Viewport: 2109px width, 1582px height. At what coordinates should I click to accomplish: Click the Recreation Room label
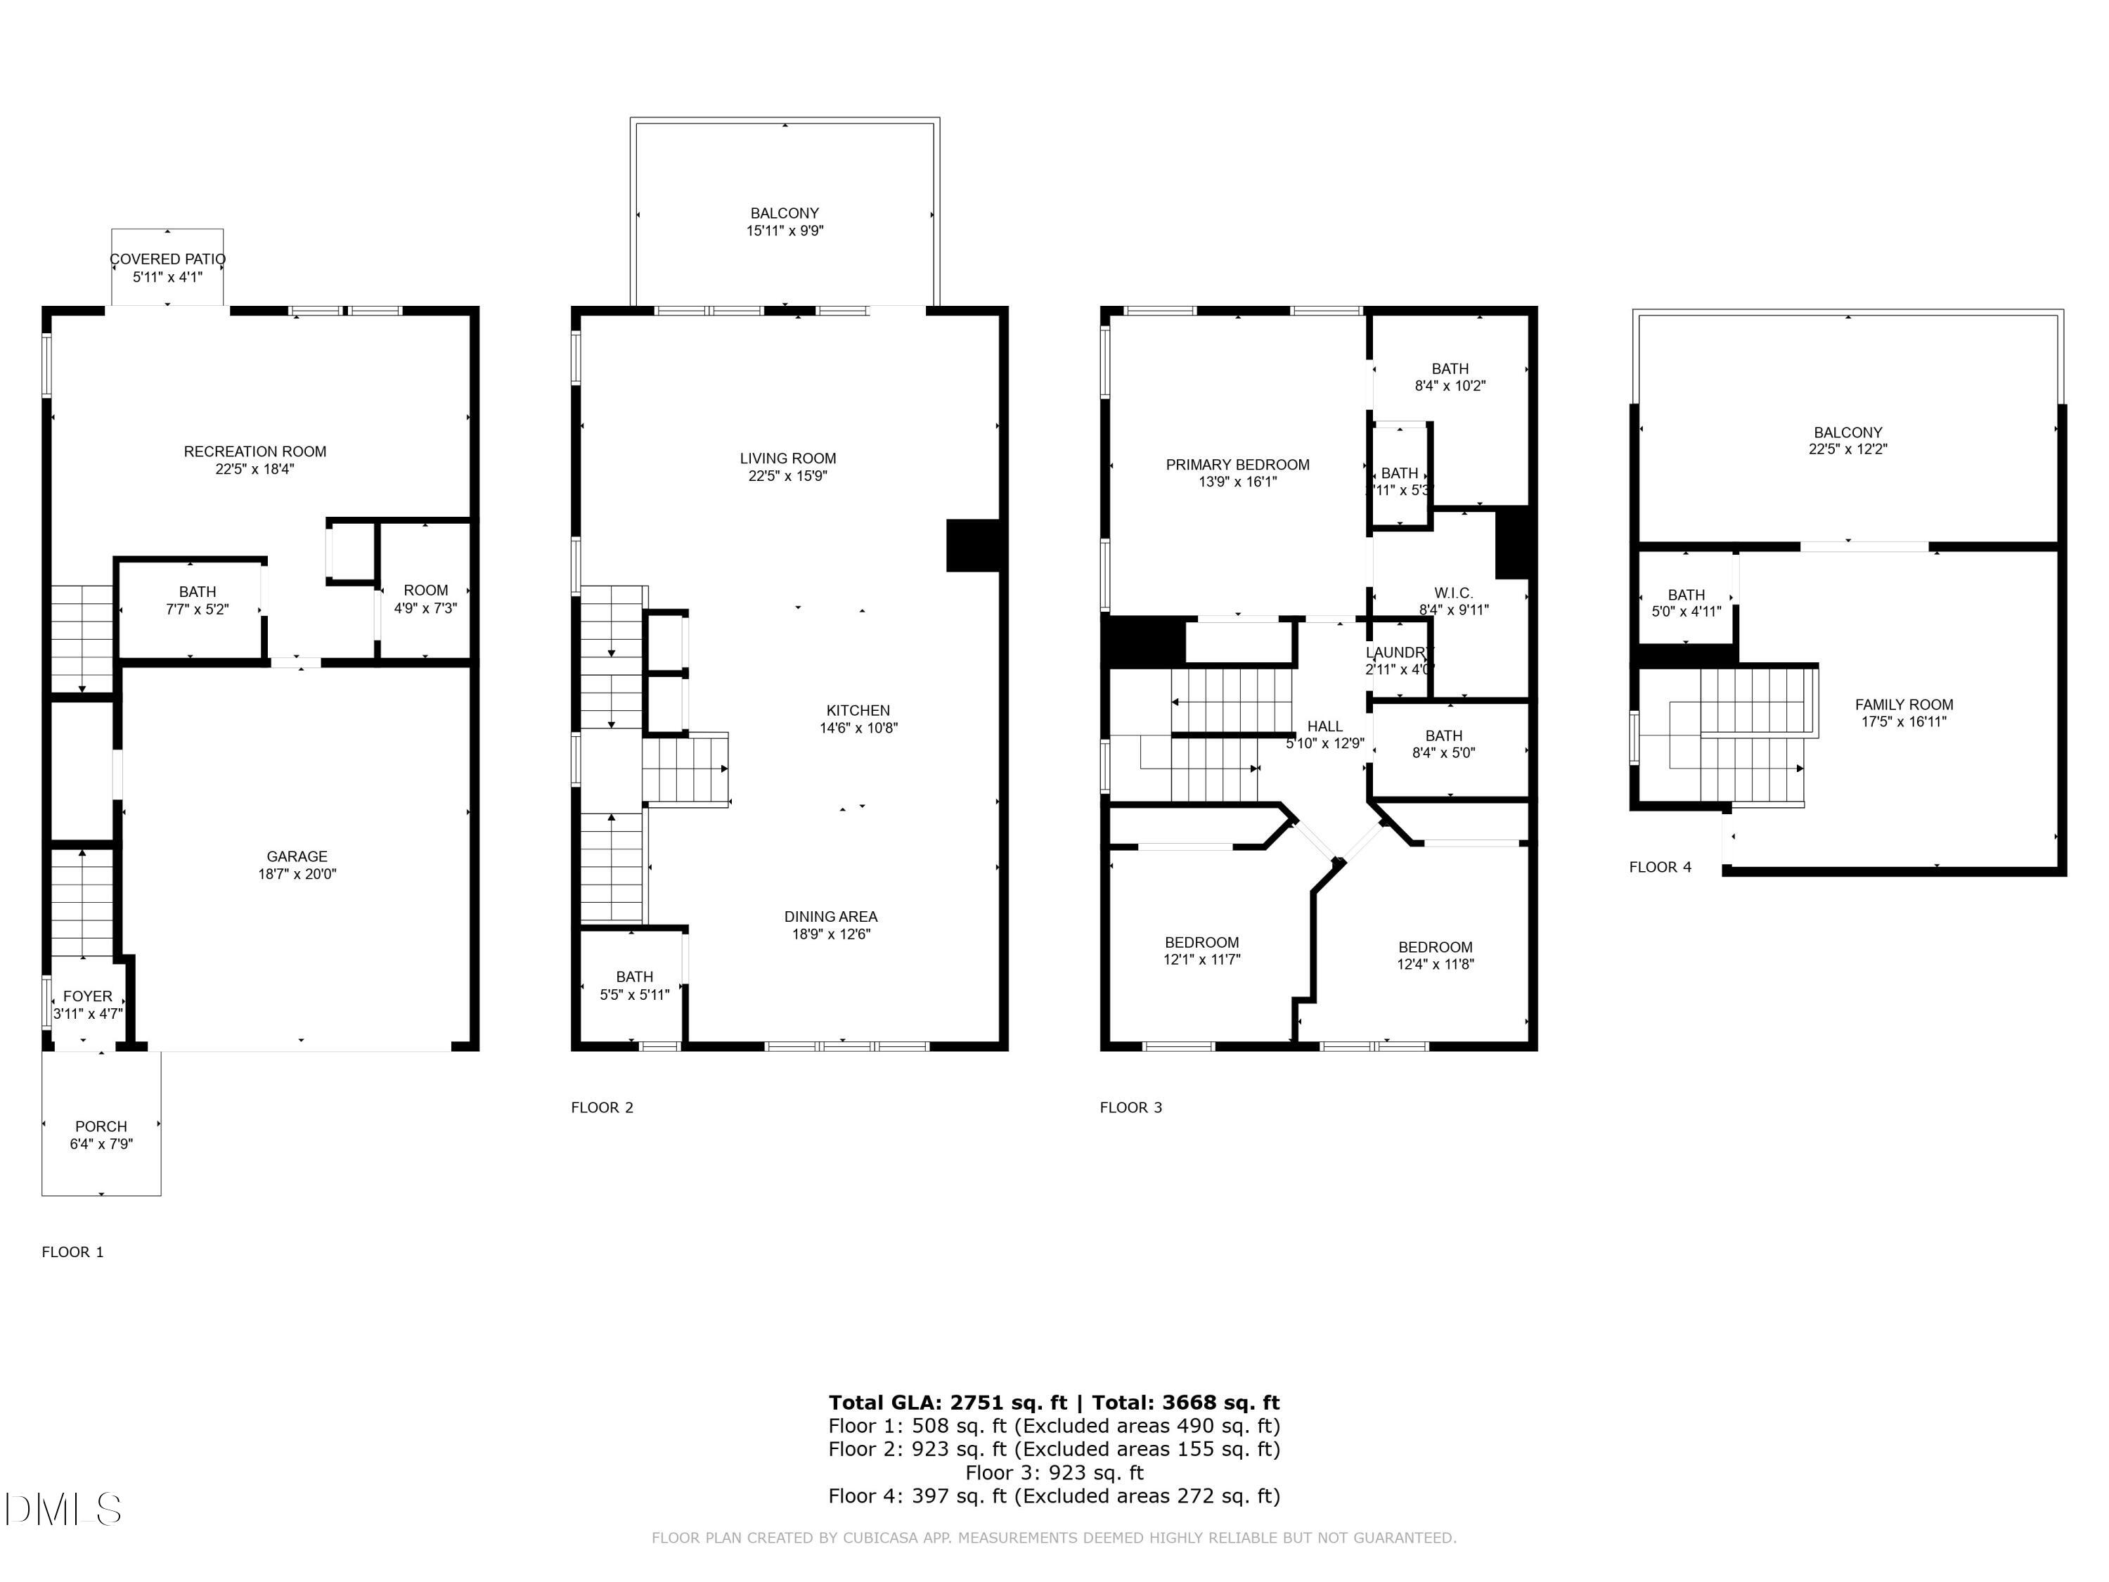254,452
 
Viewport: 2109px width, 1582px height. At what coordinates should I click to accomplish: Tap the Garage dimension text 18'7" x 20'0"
297,873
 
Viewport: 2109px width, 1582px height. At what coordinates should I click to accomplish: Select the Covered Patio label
168,259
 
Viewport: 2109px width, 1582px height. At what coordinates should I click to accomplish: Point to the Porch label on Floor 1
101,1126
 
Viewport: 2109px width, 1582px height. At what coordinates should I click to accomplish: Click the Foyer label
88,996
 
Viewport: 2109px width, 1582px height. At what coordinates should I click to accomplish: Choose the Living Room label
787,458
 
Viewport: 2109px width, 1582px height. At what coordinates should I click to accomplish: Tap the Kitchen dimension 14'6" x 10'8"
858,728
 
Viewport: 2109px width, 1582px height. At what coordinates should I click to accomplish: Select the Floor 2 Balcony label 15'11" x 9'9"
785,222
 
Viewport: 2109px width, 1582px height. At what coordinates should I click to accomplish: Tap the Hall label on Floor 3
1324,726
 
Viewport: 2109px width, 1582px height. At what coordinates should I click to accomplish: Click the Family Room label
1904,705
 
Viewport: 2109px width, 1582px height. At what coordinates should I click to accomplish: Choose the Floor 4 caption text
1660,867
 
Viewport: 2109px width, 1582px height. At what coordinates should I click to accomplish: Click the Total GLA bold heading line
1054,1402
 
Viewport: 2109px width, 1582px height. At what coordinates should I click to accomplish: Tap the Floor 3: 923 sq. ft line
1054,1472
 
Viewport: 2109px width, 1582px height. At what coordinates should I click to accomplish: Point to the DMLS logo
63,1510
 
